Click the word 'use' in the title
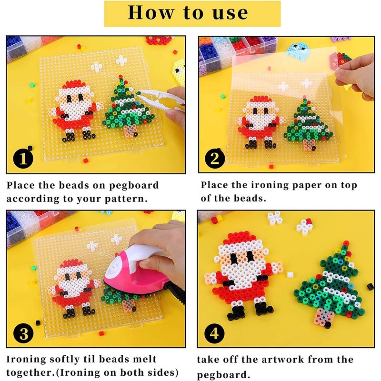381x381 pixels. pyautogui.click(x=231, y=13)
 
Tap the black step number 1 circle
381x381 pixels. pyautogui.click(x=23, y=159)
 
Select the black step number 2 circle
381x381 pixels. pyautogui.click(x=215, y=158)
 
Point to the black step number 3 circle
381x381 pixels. pyautogui.click(x=23, y=333)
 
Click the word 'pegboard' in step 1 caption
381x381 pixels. pyautogui.click(x=134, y=186)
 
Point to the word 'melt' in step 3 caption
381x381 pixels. pyautogui.click(x=145, y=359)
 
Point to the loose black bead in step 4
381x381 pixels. pyautogui.click(x=370, y=287)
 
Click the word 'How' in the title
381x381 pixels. pyautogui.click(x=151, y=13)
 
